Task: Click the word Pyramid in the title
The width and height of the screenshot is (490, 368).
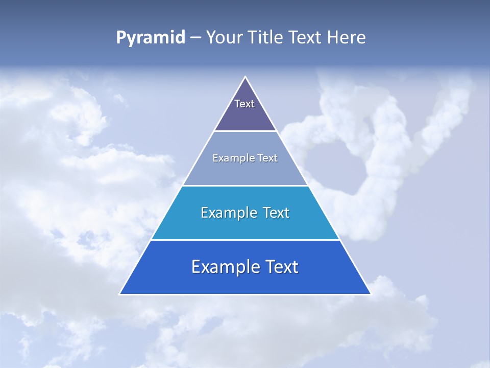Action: click(151, 38)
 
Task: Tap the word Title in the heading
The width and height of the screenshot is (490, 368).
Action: click(266, 37)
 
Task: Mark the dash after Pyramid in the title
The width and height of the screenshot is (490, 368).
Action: click(195, 38)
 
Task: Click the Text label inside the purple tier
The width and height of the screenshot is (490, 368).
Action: click(244, 104)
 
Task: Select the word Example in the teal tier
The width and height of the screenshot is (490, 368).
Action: click(229, 213)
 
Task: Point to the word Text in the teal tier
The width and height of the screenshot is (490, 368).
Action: click(276, 213)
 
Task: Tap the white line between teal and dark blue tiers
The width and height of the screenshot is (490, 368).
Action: click(245, 240)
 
